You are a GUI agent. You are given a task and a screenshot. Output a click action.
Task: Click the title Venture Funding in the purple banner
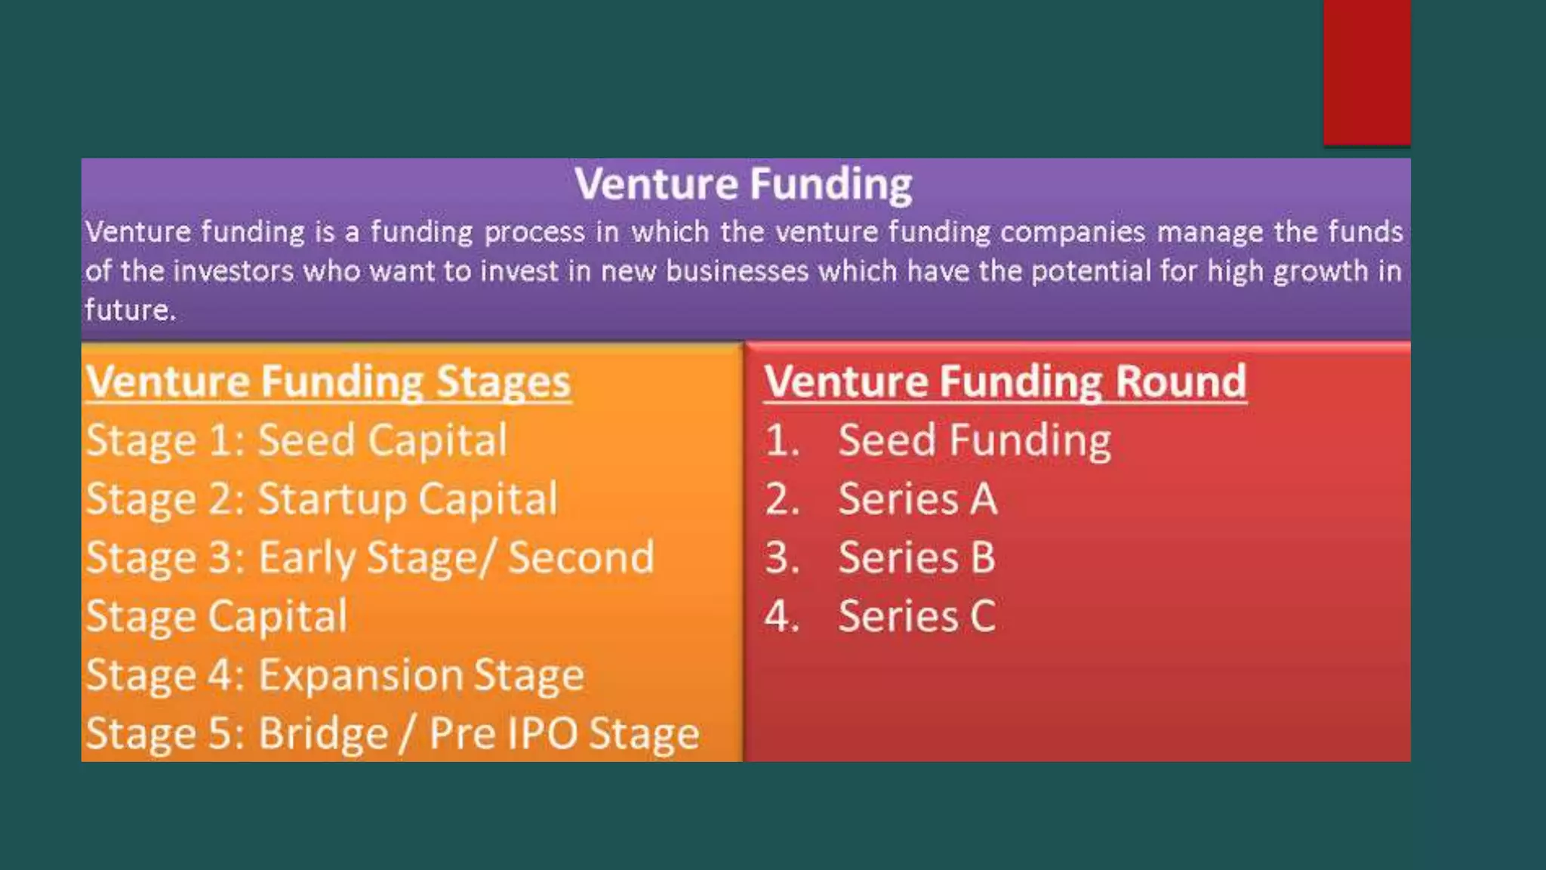point(743,184)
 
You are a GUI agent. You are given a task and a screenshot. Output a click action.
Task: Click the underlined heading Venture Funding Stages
point(328,381)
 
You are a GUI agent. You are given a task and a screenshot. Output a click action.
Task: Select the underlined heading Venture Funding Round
point(1005,381)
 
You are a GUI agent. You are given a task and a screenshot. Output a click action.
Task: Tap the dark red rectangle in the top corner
point(1366,72)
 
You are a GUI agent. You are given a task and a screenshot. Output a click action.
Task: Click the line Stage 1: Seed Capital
point(297,440)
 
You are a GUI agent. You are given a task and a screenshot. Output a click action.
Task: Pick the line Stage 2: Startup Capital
point(322,499)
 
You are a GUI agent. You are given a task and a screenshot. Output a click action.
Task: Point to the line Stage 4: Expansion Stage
point(334,675)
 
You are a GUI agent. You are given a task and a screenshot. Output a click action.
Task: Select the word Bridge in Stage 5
point(323,733)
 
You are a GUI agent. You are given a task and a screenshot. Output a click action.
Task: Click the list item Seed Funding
point(974,440)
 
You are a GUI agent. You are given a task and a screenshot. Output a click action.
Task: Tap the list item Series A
point(917,499)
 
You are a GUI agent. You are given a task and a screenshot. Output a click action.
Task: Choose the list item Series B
point(916,558)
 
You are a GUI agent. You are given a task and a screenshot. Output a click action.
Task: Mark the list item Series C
point(916,616)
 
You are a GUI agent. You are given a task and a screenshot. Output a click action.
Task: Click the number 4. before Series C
point(781,616)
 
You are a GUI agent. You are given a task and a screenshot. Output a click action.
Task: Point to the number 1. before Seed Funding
point(781,440)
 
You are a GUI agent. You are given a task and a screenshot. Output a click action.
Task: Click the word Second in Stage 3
point(581,558)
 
